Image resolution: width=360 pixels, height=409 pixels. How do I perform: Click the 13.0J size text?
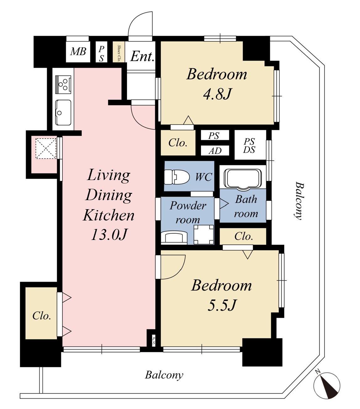pyautogui.click(x=109, y=235)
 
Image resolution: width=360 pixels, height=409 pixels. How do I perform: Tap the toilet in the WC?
pyautogui.click(x=177, y=177)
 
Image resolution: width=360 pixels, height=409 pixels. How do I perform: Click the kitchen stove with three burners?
pyautogui.click(x=63, y=85)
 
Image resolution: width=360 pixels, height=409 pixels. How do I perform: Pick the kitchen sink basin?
pyautogui.click(x=63, y=113)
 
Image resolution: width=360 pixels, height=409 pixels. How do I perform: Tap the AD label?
pyautogui.click(x=215, y=151)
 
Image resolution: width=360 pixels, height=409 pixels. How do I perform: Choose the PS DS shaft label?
pyautogui.click(x=249, y=146)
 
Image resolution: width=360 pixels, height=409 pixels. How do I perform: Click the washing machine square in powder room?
pyautogui.click(x=204, y=235)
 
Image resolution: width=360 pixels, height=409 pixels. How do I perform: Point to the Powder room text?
pyautogui.click(x=188, y=212)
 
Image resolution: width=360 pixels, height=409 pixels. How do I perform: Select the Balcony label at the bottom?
pyautogui.click(x=164, y=375)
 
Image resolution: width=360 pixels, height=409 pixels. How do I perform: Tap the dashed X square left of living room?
pyautogui.click(x=46, y=148)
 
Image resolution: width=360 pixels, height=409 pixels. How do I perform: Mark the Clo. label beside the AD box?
pyautogui.click(x=178, y=143)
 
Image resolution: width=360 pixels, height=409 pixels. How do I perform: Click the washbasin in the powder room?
pyautogui.click(x=174, y=238)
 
